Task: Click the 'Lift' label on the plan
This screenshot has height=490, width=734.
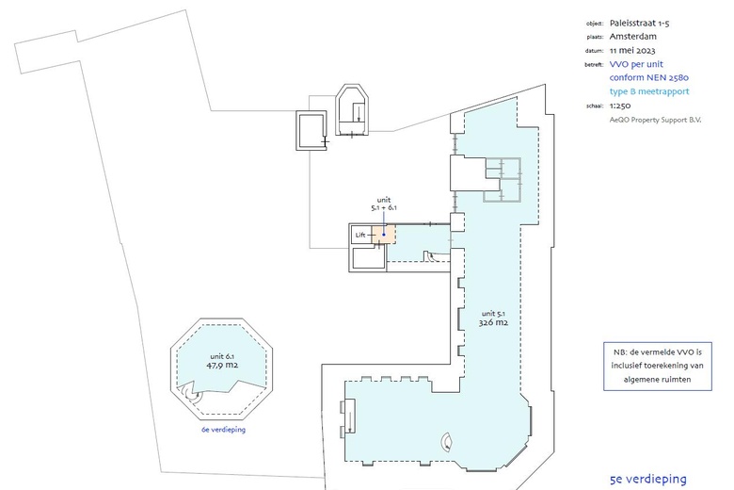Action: pos(360,235)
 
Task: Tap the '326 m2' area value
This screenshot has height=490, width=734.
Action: pos(494,322)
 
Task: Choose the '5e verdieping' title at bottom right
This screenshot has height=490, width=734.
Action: pos(647,479)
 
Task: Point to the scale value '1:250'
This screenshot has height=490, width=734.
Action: pos(623,106)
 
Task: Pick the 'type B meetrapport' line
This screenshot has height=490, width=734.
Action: pos(649,91)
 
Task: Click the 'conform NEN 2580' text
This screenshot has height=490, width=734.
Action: pos(649,77)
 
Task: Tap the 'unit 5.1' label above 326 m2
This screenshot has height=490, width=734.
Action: pos(494,312)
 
